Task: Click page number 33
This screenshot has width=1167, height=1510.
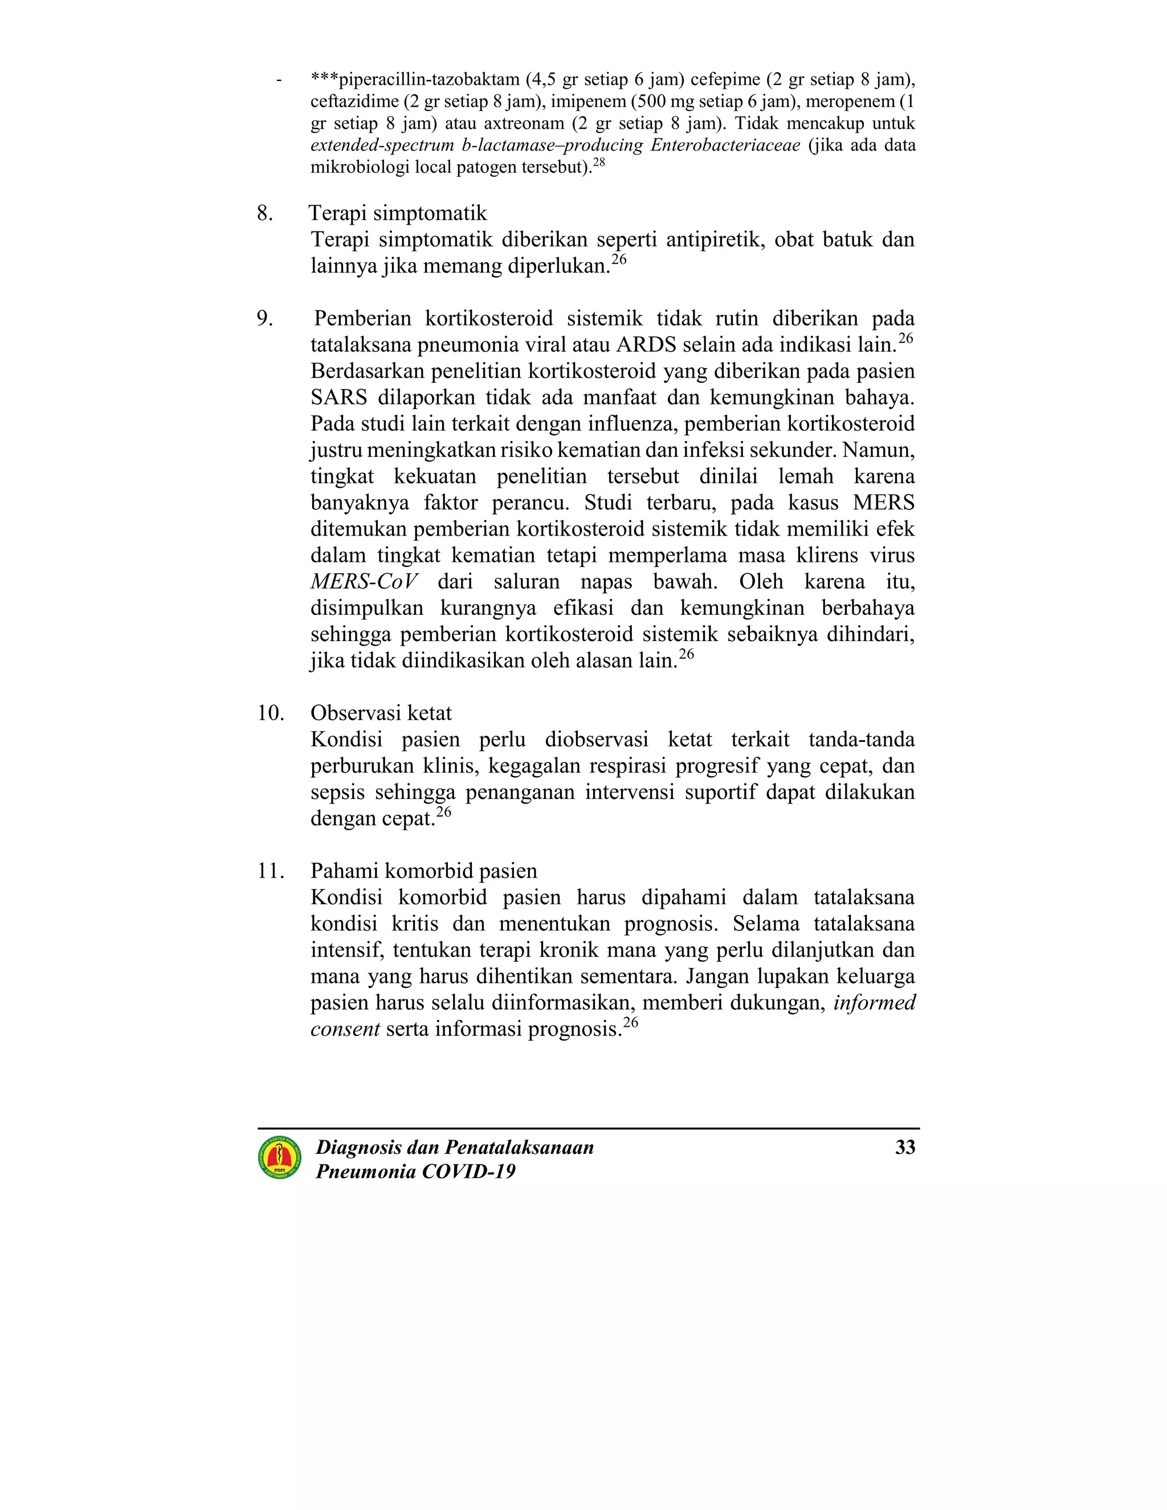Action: pyautogui.click(x=905, y=1148)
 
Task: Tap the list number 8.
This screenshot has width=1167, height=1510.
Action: pyautogui.click(x=264, y=214)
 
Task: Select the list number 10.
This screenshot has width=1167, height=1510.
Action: pyautogui.click(x=270, y=713)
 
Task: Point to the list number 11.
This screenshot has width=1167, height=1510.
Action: pyautogui.click(x=270, y=871)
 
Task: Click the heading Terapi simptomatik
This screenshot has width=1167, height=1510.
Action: pyautogui.click(x=398, y=214)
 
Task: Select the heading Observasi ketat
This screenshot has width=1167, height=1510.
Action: pyautogui.click(x=381, y=713)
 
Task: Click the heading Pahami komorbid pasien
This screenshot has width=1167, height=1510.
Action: pyautogui.click(x=423, y=871)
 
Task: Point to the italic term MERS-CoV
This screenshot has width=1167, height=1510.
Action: pyautogui.click(x=364, y=582)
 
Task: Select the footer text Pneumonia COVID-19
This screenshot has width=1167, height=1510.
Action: pyautogui.click(x=415, y=1171)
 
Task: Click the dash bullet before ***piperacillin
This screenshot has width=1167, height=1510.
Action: pyautogui.click(x=279, y=80)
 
